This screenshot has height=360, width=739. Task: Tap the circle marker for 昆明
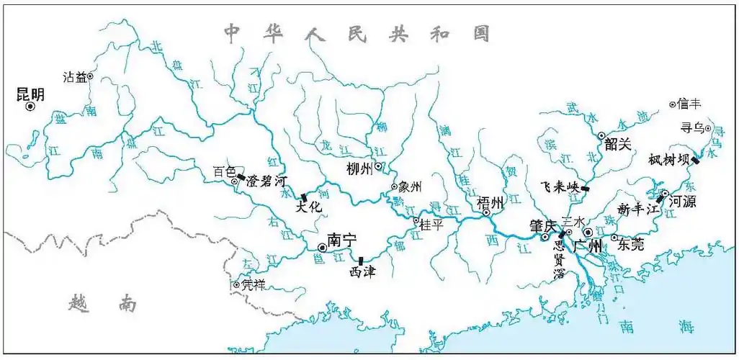(x=30, y=107)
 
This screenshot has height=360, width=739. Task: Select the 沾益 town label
(x=74, y=76)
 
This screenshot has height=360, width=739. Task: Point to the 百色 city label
(x=223, y=172)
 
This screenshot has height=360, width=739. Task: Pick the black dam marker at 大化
(x=304, y=197)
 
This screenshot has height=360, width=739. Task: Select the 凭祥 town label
(x=254, y=285)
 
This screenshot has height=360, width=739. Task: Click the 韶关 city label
(x=617, y=144)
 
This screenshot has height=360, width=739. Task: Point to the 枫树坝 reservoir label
(x=668, y=158)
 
